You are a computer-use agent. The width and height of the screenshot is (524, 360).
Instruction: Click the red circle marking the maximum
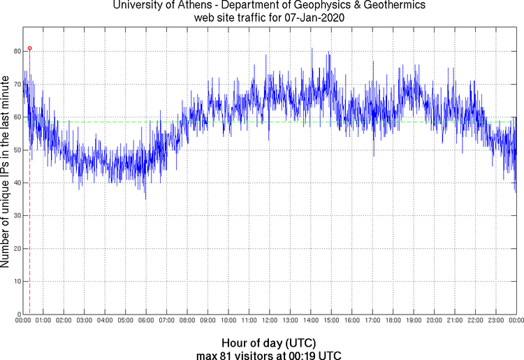[29, 48]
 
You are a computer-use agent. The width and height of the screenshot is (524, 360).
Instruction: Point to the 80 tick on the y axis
[15, 52]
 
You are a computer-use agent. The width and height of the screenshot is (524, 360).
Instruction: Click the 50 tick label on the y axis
[15, 150]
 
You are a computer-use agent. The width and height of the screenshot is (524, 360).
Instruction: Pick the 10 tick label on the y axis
[15, 282]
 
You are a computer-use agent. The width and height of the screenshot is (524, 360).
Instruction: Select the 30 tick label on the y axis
[15, 216]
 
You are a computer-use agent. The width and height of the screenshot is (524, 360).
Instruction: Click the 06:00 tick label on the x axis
[146, 321]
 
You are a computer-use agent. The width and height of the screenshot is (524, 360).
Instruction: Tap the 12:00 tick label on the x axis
[269, 321]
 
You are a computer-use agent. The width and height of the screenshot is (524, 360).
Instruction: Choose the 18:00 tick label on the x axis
[393, 321]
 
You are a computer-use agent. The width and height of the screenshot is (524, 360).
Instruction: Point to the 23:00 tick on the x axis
[495, 321]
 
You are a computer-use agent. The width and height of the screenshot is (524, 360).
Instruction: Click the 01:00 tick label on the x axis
[43, 321]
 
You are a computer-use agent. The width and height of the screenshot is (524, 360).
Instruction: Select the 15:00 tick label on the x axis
[331, 321]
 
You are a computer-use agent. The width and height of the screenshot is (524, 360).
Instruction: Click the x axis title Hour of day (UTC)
[269, 343]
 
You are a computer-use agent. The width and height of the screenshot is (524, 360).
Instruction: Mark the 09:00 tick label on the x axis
[208, 321]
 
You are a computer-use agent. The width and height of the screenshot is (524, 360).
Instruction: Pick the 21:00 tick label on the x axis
[454, 321]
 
